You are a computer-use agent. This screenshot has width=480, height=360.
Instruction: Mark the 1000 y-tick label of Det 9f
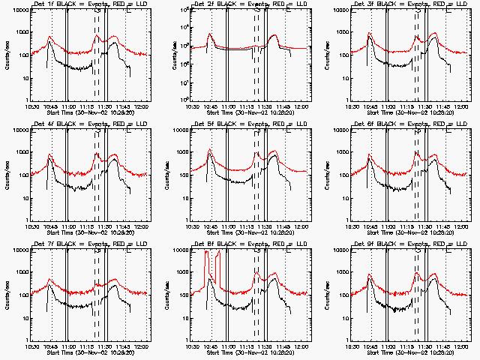(340, 272)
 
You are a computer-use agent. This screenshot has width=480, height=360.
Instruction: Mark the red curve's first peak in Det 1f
(49, 37)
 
